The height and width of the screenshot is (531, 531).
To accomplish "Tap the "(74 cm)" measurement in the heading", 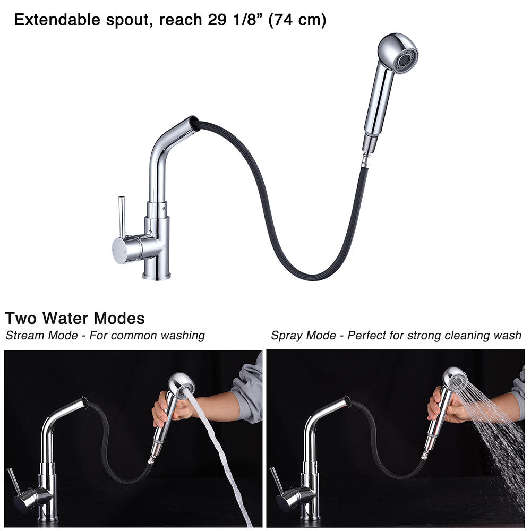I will point(297,21).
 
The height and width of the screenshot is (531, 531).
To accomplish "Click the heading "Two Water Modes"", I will point(75,319).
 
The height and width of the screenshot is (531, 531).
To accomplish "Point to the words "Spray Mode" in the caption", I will point(303,336).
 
